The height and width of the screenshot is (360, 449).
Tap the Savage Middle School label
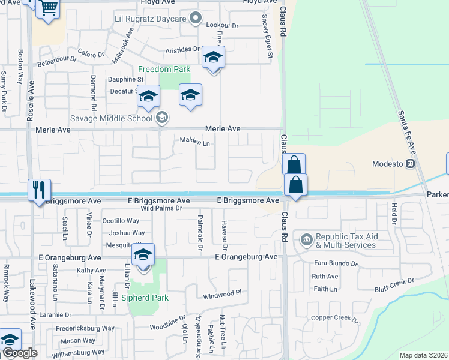(112, 118)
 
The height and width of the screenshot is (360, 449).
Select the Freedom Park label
(164, 69)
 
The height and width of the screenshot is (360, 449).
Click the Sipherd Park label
(145, 298)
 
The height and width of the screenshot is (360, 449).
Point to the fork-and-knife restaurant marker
(40, 190)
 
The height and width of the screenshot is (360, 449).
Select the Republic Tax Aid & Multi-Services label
(345, 241)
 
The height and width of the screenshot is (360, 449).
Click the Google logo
(20, 353)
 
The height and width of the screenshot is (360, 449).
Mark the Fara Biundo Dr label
(336, 263)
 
